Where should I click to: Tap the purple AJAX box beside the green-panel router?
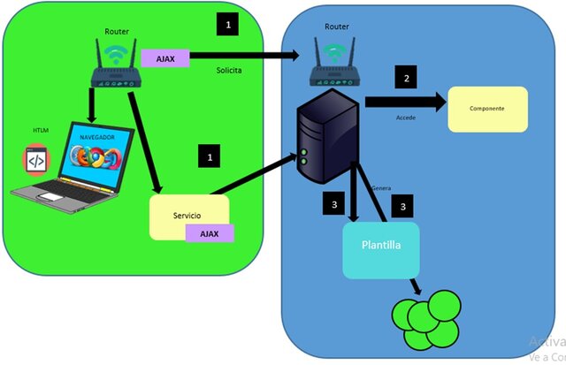(x=165, y=59)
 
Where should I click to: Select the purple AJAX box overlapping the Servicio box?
(x=210, y=232)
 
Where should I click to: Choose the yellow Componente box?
(x=487, y=109)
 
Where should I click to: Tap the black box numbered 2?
(x=406, y=78)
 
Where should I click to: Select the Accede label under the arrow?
(x=406, y=117)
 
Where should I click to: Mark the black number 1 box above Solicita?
(x=228, y=25)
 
